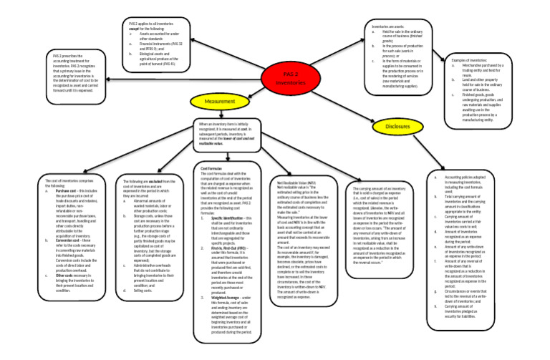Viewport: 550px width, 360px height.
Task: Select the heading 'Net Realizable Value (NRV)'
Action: coord(301,184)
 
